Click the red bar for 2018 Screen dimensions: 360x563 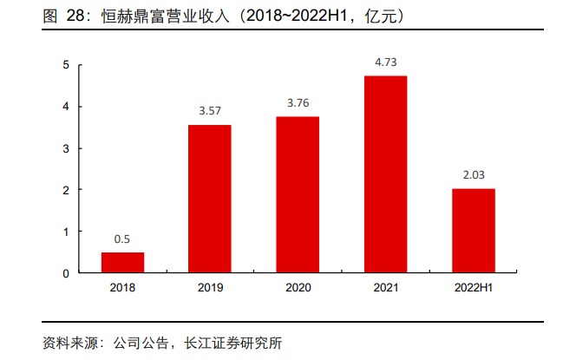point(122,263)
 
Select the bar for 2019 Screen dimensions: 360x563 point(210,200)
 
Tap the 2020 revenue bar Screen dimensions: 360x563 point(298,195)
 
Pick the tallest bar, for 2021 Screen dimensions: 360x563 point(385,174)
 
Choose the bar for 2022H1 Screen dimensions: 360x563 point(473,231)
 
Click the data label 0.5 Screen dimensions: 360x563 point(122,239)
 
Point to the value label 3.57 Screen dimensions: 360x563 point(210,112)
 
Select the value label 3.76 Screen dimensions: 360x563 point(298,103)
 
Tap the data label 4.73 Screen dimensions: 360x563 point(385,62)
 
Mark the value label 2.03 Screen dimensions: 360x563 point(473,175)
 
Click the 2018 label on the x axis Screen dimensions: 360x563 point(122,288)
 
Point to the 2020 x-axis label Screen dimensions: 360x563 point(298,288)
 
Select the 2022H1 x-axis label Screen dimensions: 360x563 point(473,288)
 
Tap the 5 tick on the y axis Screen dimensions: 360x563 point(66,65)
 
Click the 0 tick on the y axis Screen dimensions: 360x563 point(66,273)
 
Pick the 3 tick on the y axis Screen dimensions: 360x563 point(66,148)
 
